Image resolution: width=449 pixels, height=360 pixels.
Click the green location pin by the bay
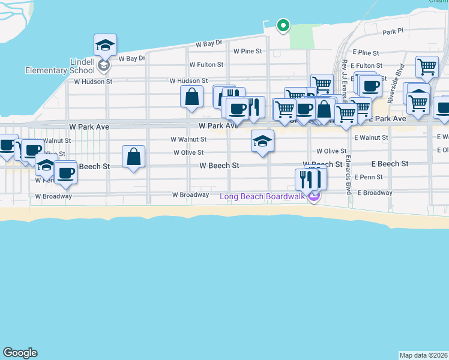pyautogui.click(x=283, y=25)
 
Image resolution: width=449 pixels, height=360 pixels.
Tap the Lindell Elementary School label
pyautogui.click(x=52, y=66)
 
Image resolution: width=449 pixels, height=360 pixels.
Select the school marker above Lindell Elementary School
pyautogui.click(x=104, y=45)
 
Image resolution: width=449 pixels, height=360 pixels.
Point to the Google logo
pyautogui.click(x=20, y=353)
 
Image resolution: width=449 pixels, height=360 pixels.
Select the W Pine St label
pyautogui.click(x=248, y=52)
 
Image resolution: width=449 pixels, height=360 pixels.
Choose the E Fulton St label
pyautogui.click(x=367, y=65)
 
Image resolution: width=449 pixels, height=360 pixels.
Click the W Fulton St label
pyautogui.click(x=206, y=65)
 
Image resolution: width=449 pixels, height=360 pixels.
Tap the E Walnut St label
pyautogui.click(x=371, y=138)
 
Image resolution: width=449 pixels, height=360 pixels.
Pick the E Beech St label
pyautogui.click(x=390, y=164)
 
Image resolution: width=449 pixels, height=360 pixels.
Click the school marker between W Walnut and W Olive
pyautogui.click(x=262, y=142)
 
